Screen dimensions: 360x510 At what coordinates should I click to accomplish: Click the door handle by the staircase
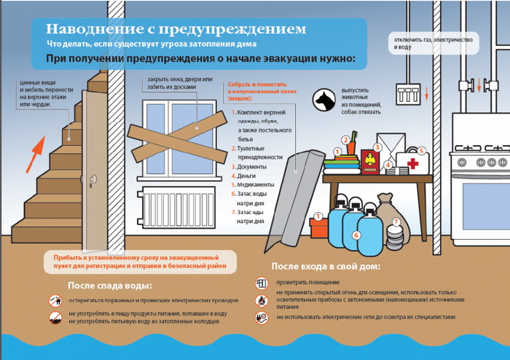point(91,179)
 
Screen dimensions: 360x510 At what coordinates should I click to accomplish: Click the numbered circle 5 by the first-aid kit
point(421,150)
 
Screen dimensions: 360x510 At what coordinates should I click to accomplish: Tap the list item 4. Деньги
point(248,176)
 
